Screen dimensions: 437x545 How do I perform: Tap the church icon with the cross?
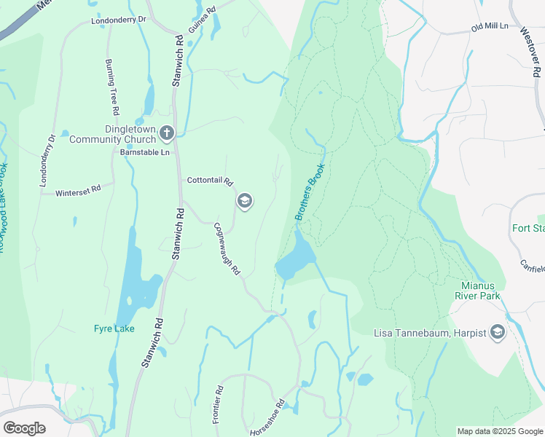point(167,133)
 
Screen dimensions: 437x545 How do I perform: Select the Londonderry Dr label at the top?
point(119,20)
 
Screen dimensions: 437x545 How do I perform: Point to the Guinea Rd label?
point(202,20)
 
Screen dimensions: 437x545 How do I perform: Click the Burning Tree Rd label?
point(111,87)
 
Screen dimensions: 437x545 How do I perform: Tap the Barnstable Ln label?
point(144,153)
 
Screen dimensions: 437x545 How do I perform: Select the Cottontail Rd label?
point(209,181)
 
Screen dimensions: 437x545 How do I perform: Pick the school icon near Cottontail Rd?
point(245,201)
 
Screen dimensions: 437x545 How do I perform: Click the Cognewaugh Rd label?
point(227,248)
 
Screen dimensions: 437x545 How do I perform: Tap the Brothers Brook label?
point(309,192)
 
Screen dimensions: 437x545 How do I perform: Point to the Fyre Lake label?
point(114,328)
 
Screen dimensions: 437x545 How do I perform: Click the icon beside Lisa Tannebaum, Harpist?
point(498,333)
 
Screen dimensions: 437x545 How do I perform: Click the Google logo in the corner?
point(24,428)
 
